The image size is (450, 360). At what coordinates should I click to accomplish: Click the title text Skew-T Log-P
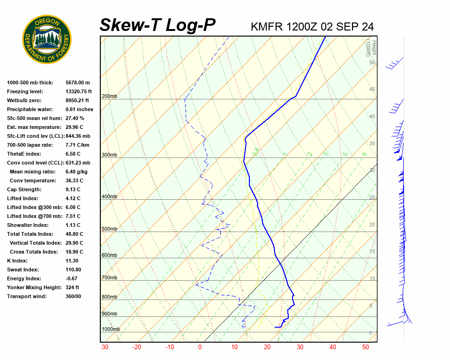157,25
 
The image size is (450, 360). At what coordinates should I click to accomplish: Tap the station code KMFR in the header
267,27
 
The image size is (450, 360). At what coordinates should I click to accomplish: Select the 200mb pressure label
109,97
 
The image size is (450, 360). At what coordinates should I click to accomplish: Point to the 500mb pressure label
109,229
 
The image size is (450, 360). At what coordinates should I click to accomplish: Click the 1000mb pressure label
111,330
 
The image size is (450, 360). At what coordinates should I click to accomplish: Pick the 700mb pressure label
109,278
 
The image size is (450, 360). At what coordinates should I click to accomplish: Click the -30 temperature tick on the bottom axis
105,347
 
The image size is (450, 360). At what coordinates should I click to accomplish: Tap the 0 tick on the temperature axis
200,347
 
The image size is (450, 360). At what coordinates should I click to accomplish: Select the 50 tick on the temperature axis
366,347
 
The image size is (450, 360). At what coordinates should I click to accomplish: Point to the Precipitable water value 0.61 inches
79,109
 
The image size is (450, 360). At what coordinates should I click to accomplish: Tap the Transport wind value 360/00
74,296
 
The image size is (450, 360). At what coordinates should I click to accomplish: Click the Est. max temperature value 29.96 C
75,127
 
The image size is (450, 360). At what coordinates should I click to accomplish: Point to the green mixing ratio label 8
364,154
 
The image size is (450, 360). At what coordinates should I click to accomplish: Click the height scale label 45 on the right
372,90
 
